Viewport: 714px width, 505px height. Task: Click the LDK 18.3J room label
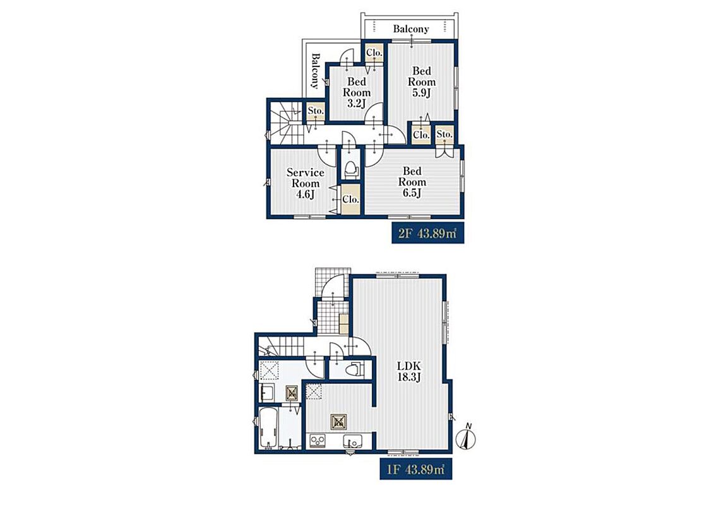(409, 371)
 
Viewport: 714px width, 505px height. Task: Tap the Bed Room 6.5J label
(412, 182)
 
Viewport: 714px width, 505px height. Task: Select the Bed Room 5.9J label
(422, 82)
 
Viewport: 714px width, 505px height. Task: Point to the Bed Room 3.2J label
(357, 92)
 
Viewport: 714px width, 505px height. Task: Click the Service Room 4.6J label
(305, 184)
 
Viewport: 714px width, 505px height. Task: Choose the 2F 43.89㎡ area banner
(427, 234)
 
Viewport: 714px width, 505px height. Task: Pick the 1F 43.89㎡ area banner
(416, 470)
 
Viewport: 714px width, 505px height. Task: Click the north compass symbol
(467, 437)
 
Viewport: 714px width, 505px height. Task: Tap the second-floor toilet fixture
(350, 170)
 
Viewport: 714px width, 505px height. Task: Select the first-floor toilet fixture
(355, 369)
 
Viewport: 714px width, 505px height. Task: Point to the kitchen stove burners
(318, 441)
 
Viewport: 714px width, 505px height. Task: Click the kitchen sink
(352, 441)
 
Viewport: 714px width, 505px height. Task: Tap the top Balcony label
(411, 28)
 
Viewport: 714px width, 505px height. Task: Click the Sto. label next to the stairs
(316, 111)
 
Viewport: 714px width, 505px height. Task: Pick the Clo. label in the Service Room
(350, 199)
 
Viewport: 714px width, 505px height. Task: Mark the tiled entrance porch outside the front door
(333, 282)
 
